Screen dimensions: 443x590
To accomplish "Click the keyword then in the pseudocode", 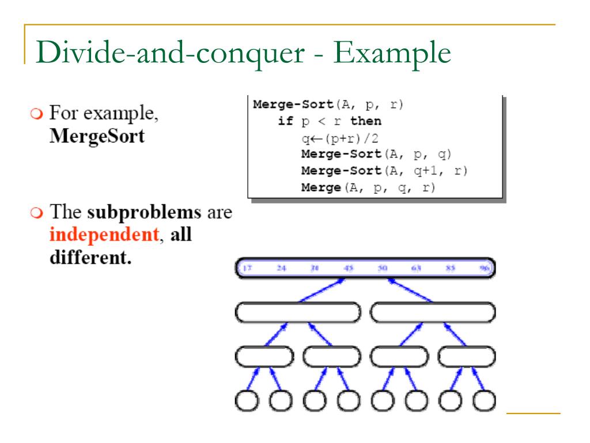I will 365,122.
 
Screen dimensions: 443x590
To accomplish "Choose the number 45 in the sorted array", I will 349,268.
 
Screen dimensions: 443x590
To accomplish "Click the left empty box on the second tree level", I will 297,312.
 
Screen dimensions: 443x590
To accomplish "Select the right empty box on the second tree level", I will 433,312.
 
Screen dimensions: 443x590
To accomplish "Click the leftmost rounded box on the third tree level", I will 264,358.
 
